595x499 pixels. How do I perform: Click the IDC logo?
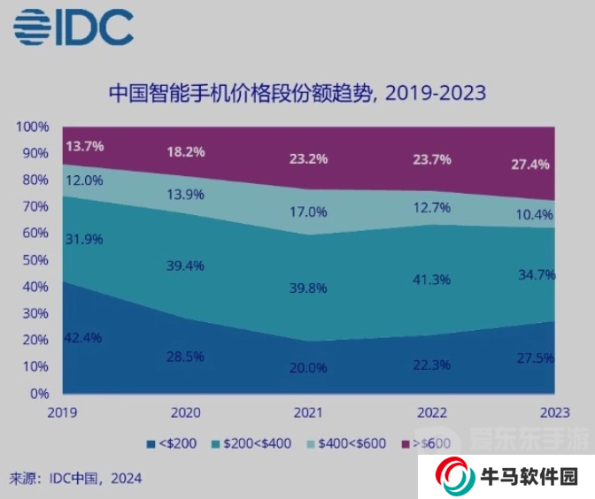[x=73, y=27]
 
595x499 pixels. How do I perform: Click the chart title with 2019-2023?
[x=297, y=93]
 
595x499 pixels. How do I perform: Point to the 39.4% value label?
[x=186, y=266]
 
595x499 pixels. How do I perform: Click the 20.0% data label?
[x=308, y=368]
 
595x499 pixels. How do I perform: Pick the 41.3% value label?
[x=431, y=280]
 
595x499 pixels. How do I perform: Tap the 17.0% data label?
[x=309, y=212]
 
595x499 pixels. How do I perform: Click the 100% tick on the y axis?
[x=33, y=127]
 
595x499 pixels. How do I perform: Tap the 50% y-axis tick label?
[x=35, y=260]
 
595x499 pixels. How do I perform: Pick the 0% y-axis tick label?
[x=39, y=394]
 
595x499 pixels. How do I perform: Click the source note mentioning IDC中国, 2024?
[x=75, y=479]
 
